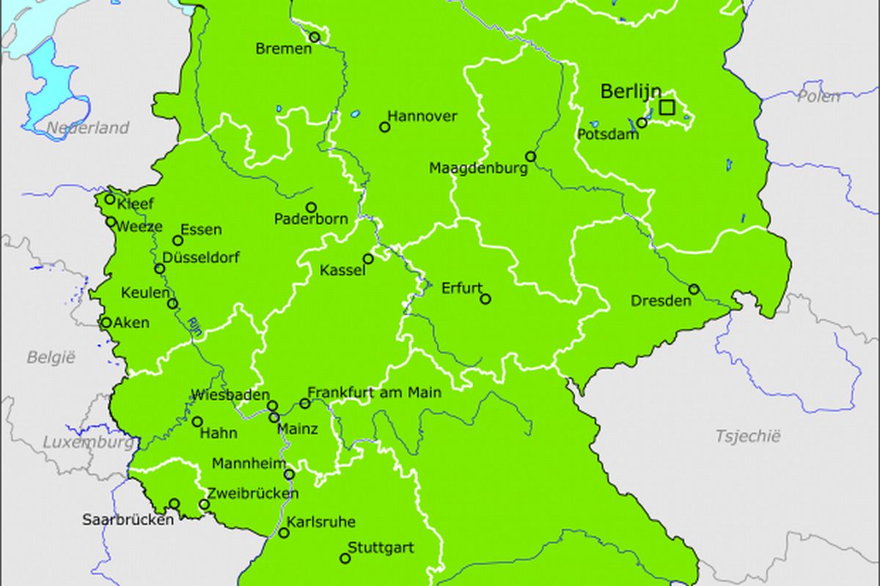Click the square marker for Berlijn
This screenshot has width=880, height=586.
click(666, 108)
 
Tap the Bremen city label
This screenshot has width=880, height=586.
click(283, 49)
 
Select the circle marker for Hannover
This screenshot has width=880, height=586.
click(384, 127)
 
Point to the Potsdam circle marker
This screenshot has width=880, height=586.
click(642, 122)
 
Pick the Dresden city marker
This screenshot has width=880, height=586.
click(694, 289)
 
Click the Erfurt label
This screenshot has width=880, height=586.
click(462, 288)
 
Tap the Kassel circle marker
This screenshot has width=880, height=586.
click(368, 259)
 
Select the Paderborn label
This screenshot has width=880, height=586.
click(311, 219)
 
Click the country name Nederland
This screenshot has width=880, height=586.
click(88, 128)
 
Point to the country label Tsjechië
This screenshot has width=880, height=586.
click(748, 437)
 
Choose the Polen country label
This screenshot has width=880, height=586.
click(818, 96)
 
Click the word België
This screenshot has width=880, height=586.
click(51, 357)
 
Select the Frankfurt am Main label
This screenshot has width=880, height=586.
click(374, 393)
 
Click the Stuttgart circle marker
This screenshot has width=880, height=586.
click(345, 558)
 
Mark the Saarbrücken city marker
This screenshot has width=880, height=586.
click(175, 503)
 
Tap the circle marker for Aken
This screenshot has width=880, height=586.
click(106, 322)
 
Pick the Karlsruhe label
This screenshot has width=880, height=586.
click(321, 522)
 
